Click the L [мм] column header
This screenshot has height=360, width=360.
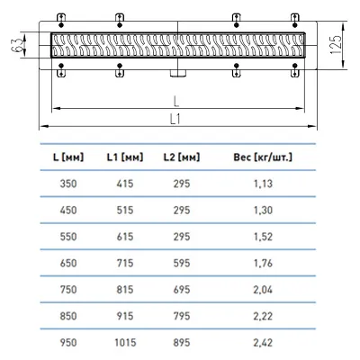[x=68, y=157]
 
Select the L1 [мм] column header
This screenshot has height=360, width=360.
[x=125, y=157]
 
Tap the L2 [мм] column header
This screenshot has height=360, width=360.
[x=182, y=157]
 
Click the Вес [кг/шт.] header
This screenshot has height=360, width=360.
[x=263, y=157]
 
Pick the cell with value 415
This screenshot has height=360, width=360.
[x=125, y=184]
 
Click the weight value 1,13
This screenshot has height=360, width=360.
[x=263, y=184]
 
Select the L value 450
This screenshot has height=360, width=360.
[x=68, y=210]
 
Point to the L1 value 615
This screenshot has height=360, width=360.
[x=125, y=237]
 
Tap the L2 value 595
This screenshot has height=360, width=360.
[x=182, y=263]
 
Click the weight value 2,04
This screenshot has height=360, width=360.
[x=263, y=290]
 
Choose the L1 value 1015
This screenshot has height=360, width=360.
[x=125, y=342]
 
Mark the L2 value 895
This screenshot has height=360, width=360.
[x=182, y=342]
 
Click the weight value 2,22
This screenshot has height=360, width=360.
[x=263, y=316]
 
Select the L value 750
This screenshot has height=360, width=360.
[x=68, y=290]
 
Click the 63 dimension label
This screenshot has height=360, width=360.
[x=18, y=45]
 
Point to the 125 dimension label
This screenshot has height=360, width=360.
[x=336, y=45]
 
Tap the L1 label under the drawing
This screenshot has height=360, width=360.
[x=175, y=120]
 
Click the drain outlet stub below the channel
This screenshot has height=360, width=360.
[x=178, y=73]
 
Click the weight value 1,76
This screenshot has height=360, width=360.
[x=263, y=263]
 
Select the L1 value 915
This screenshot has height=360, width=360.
[x=125, y=316]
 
